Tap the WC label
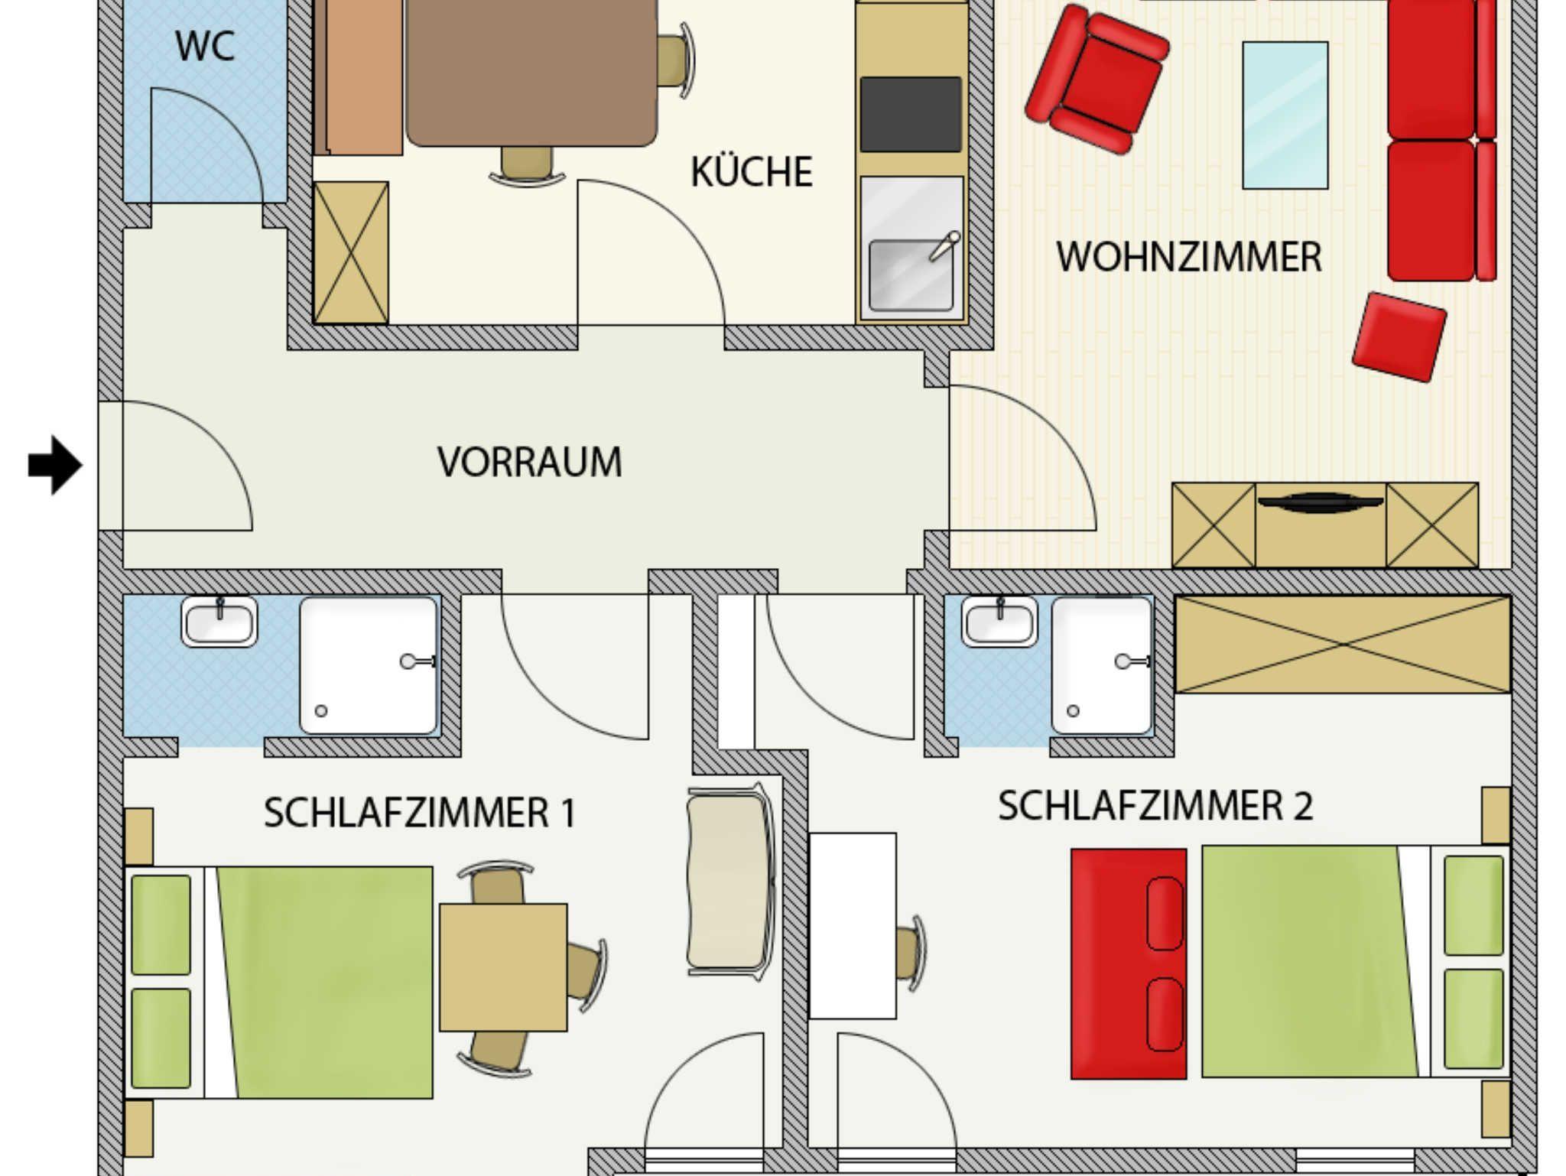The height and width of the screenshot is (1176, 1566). (205, 46)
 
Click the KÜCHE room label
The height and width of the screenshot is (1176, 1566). (751, 171)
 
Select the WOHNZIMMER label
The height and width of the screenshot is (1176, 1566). (1189, 257)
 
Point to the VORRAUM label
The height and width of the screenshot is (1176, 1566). (529, 462)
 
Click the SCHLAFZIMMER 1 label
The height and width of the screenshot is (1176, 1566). (420, 812)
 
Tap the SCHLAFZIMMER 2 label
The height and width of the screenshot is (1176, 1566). (1155, 806)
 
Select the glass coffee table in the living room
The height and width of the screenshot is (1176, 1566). (1285, 115)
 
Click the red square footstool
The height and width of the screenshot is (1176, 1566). (1399, 336)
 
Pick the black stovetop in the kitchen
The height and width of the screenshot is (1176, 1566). (911, 114)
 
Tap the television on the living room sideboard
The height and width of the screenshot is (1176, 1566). (1321, 502)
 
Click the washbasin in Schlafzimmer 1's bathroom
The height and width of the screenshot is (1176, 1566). (219, 621)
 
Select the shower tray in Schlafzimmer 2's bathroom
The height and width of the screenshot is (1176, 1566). (1102, 665)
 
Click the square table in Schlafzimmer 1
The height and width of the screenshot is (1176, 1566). (503, 967)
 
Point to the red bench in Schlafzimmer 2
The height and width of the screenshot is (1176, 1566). (1129, 963)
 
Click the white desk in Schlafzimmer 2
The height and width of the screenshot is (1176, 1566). (853, 926)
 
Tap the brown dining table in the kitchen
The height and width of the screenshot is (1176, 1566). (531, 73)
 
